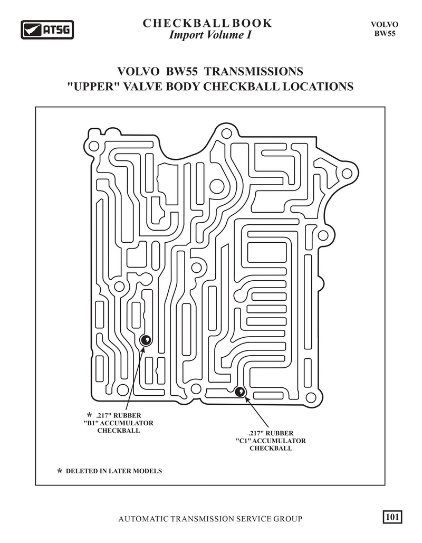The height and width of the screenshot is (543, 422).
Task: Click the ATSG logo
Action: pos(47,30)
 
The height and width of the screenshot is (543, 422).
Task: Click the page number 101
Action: pos(392,517)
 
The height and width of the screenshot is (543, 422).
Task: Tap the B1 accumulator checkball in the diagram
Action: pos(146,340)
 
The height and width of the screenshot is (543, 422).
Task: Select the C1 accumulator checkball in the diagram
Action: pos(240,392)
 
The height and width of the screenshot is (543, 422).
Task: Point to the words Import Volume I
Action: pos(210,35)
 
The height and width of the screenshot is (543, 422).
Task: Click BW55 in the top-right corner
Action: pos(385,33)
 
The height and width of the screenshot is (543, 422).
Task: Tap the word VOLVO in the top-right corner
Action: pos(385,25)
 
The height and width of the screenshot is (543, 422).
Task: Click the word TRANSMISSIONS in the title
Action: pos(253,71)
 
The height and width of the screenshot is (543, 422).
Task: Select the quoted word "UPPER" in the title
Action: pos(91,86)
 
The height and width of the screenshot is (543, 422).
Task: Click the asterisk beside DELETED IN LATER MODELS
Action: pos(60,471)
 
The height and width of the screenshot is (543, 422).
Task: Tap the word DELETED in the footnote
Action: pos(82,471)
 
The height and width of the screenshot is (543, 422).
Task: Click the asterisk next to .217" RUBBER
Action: pos(90,415)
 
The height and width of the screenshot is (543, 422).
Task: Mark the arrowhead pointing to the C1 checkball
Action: pos(247,399)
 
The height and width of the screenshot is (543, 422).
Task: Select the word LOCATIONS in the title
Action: pos(318,86)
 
